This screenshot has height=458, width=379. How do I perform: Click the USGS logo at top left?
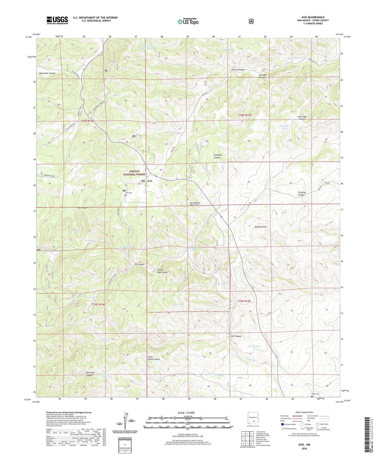(x=57, y=20)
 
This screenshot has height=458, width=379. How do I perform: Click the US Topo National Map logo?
(x=187, y=22)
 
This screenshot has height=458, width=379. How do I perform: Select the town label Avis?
(x=150, y=181)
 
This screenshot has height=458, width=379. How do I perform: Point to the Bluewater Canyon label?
(x=47, y=73)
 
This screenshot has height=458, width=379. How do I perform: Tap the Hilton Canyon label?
(x=238, y=70)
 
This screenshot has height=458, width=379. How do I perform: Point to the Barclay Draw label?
(x=260, y=227)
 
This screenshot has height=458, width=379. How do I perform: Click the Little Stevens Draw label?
(x=153, y=358)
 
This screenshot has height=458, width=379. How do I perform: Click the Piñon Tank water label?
(x=253, y=346)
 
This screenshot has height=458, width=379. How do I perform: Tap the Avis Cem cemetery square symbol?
(x=126, y=195)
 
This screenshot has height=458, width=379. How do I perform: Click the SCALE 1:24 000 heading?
(x=186, y=413)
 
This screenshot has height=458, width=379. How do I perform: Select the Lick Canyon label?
(x=236, y=336)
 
